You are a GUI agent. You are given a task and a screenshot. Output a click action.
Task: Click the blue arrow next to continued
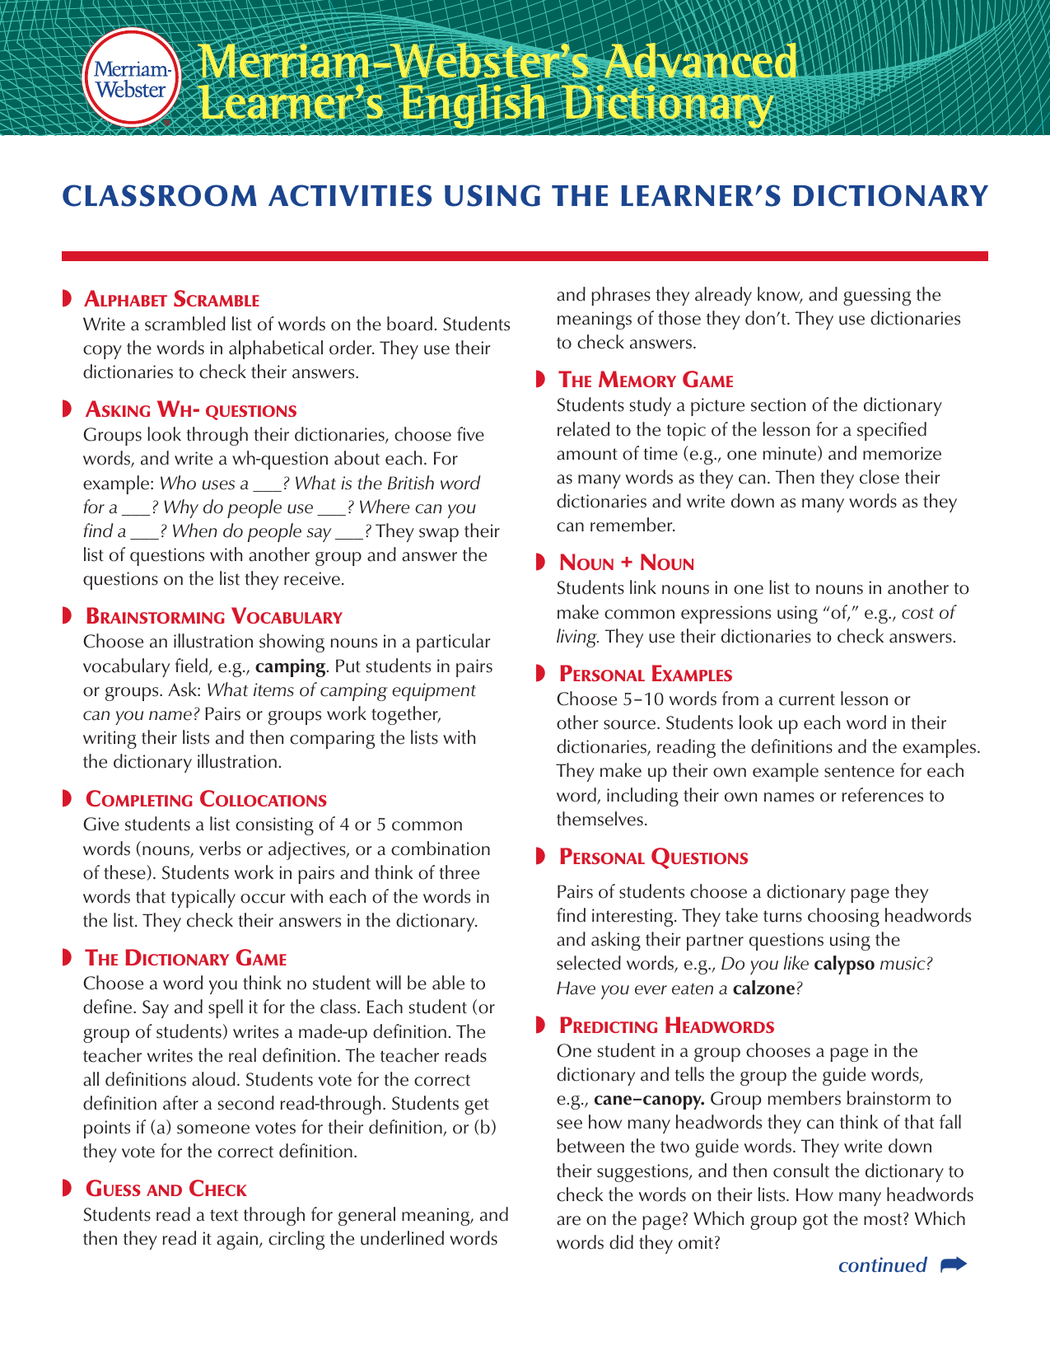point(953,1264)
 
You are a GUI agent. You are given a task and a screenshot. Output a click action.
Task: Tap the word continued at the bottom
point(882,1265)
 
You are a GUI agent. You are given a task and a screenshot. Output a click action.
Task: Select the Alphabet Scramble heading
point(172,300)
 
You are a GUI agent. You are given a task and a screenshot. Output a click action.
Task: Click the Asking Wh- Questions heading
point(191,410)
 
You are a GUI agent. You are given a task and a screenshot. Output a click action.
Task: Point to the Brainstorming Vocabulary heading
point(213,617)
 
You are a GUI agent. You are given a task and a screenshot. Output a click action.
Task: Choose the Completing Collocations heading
point(206,800)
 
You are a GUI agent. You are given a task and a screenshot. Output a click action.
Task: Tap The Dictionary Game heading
point(186,959)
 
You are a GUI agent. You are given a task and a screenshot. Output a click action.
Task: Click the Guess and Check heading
point(166,1189)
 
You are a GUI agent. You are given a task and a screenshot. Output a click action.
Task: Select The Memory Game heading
point(646,381)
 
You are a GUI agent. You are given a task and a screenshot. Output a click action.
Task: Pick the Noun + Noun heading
point(626,563)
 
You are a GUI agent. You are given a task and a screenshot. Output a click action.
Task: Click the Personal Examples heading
point(645,675)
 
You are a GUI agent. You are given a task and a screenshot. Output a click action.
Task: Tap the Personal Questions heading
point(653,858)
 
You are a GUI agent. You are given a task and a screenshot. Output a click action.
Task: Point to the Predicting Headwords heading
point(666,1026)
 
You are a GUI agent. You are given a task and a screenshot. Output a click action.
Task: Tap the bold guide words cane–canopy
point(648,1099)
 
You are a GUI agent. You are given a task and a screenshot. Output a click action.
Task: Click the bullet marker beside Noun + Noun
point(540,563)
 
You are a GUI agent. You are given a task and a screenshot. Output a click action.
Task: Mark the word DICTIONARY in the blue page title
point(891,196)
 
